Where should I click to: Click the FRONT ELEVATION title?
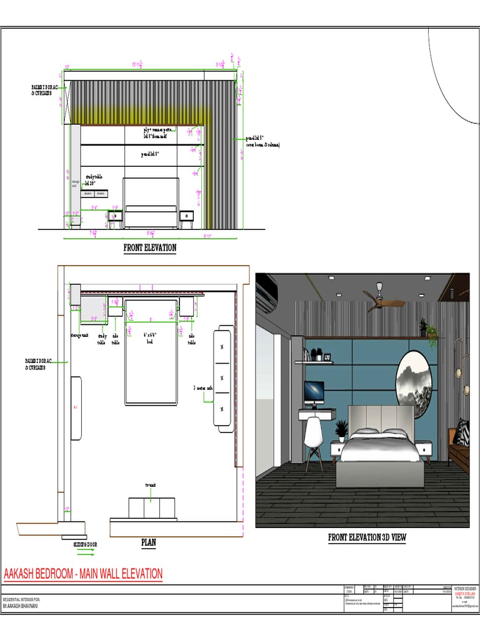click(x=149, y=248)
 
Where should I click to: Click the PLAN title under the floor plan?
click(x=148, y=542)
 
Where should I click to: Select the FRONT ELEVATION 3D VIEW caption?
click(x=367, y=537)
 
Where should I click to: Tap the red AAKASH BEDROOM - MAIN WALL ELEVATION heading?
click(x=83, y=574)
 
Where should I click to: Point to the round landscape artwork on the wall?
click(x=414, y=383)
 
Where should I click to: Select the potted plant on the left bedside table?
click(x=341, y=430)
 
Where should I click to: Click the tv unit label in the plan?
click(x=150, y=484)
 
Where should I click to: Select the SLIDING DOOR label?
click(x=85, y=544)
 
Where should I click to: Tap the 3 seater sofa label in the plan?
click(x=203, y=388)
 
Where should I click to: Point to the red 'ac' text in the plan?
click(x=76, y=407)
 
